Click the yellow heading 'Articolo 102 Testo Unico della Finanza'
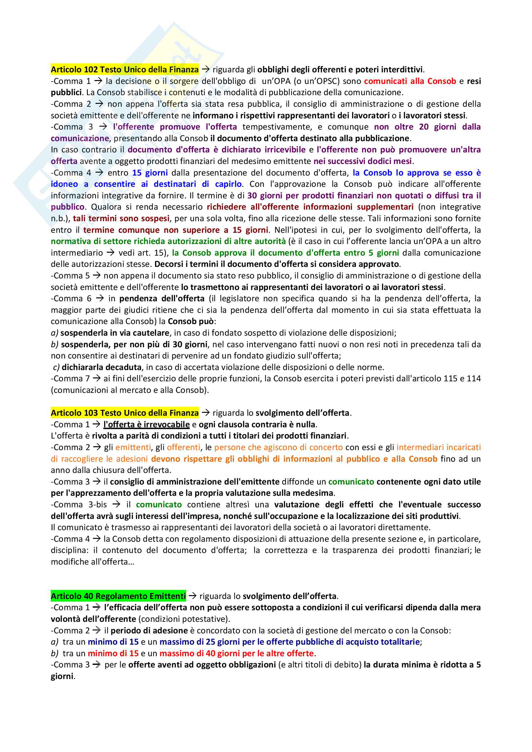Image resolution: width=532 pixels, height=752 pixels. point(124,69)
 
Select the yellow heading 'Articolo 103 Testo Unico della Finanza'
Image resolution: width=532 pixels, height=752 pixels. point(124,413)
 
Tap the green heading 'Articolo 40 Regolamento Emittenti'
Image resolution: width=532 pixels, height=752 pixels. point(118,596)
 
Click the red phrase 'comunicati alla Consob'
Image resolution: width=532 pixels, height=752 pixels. point(410,81)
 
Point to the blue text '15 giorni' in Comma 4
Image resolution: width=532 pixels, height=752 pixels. point(150,173)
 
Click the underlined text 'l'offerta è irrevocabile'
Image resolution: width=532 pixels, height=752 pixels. point(146,424)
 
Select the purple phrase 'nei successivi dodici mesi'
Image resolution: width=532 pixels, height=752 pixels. point(362,161)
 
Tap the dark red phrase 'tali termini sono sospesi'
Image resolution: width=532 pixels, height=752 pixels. point(121,218)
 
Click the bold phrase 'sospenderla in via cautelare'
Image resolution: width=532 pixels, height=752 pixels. point(115,333)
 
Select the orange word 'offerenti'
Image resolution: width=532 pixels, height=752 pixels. point(183,447)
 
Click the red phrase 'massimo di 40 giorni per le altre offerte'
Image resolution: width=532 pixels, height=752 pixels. point(236,653)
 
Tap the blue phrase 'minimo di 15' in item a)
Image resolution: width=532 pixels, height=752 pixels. point(113,642)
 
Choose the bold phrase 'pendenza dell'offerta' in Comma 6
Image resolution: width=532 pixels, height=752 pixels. point(162,298)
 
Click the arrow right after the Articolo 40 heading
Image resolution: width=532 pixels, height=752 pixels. point(193,596)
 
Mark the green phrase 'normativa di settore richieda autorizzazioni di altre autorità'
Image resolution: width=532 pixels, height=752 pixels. point(168,241)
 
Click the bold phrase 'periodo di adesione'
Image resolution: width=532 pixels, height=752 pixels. point(149,630)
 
